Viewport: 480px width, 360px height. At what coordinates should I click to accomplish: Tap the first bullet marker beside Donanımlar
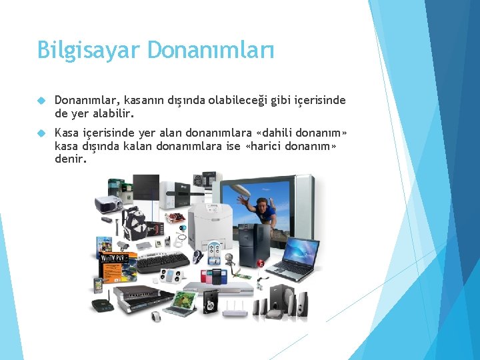(x=41, y=101)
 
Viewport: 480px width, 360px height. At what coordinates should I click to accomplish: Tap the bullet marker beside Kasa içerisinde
(x=41, y=133)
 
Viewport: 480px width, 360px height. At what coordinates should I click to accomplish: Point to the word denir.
(x=71, y=159)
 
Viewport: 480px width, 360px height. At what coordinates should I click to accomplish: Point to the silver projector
(x=107, y=203)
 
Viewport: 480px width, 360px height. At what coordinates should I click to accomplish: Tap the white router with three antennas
(x=234, y=308)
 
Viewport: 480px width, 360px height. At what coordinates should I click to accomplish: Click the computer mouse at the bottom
(x=157, y=316)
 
